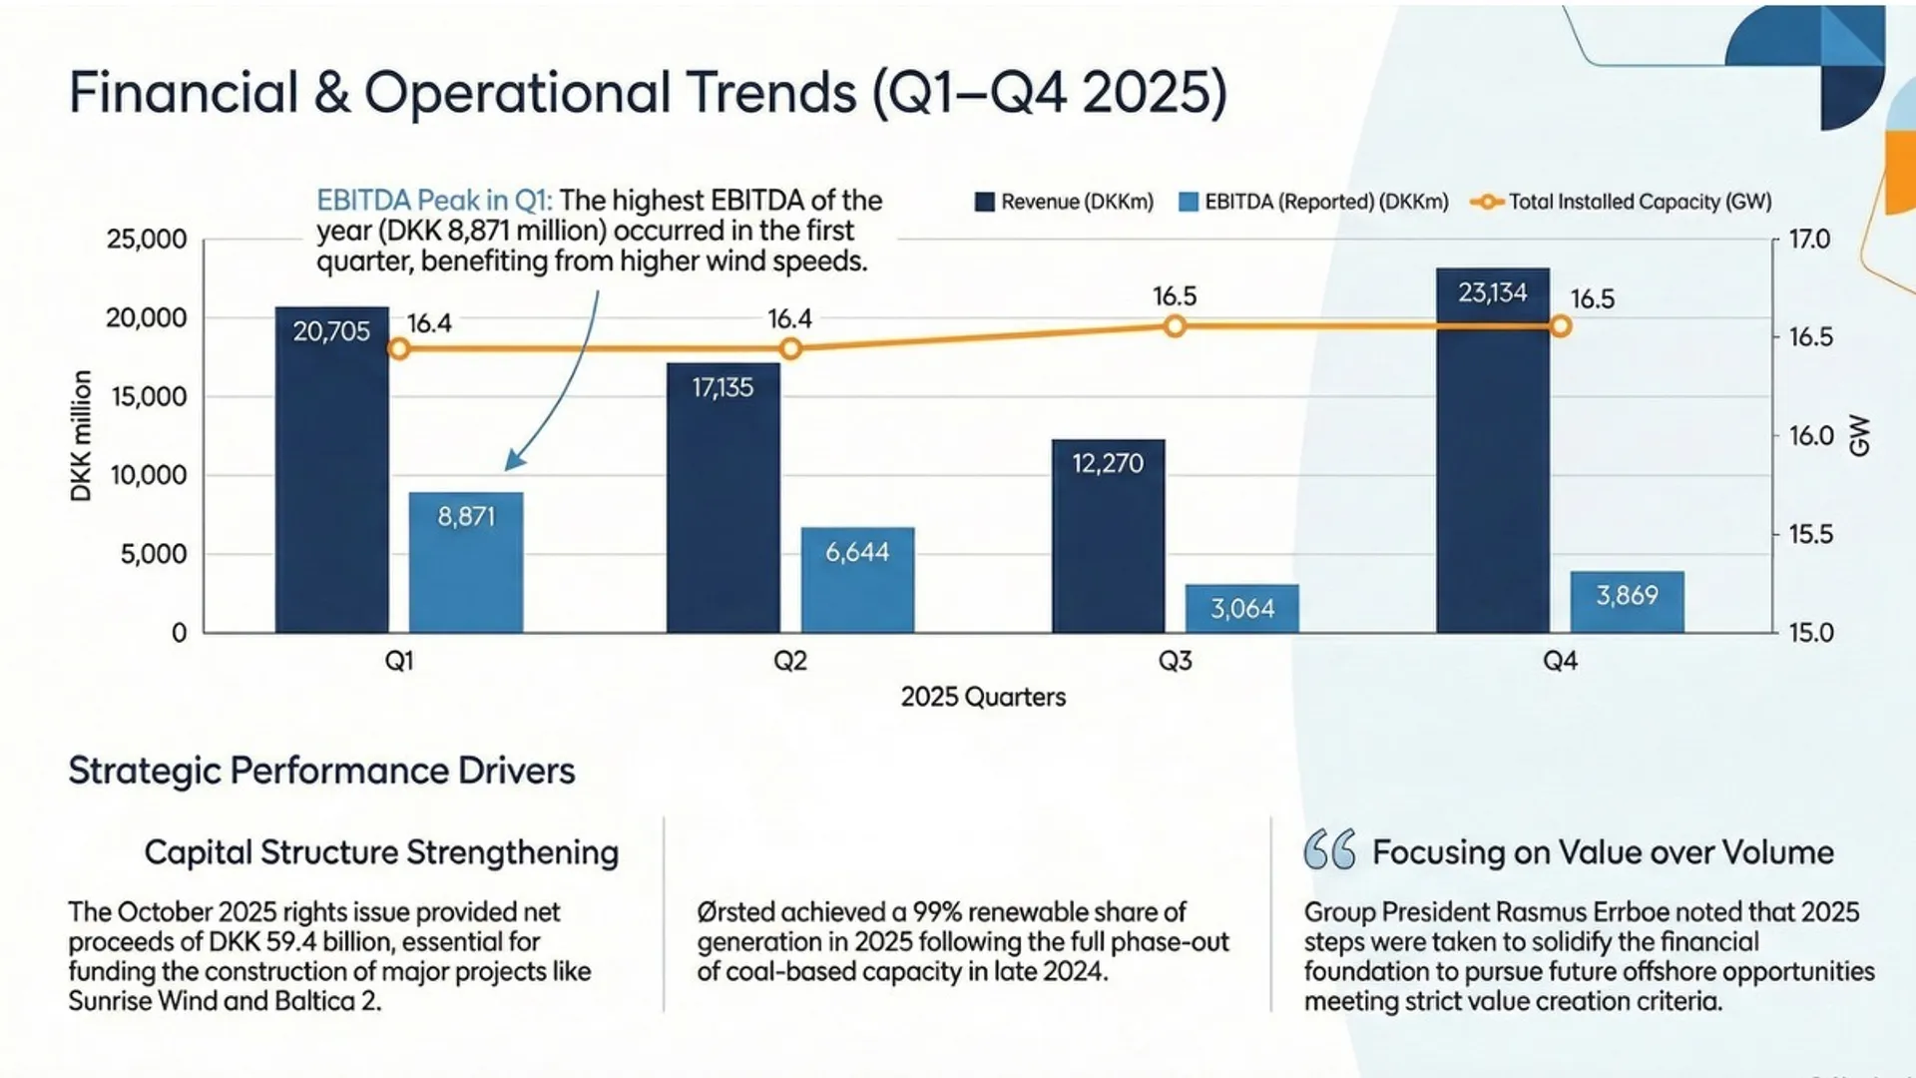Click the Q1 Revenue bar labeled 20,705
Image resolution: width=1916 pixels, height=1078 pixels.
click(x=331, y=469)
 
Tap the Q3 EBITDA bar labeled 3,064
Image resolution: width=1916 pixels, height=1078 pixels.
click(x=1241, y=608)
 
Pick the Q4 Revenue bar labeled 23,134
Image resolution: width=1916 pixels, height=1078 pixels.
click(x=1492, y=449)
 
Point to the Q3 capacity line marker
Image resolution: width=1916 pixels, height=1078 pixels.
click(x=1175, y=326)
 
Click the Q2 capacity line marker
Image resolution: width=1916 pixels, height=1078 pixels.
click(x=790, y=348)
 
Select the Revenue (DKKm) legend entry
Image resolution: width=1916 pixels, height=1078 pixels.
click(x=1064, y=202)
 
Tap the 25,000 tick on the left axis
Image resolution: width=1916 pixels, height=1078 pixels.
click(x=147, y=240)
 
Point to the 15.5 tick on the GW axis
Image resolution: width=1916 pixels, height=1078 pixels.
click(x=1810, y=534)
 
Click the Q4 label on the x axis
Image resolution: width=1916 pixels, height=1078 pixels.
click(x=1560, y=661)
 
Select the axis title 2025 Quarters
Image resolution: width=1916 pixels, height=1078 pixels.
click(x=983, y=697)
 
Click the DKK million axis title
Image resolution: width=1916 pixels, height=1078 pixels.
click(x=82, y=435)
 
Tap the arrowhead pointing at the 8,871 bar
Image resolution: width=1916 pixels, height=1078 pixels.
click(x=513, y=461)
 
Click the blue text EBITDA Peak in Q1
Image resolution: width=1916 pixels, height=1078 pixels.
click(x=434, y=201)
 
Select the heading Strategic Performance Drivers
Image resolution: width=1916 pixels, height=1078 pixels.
click(x=321, y=771)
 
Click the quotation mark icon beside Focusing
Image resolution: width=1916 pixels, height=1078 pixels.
click(x=1329, y=850)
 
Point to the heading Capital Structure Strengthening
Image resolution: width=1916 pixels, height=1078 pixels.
click(x=381, y=852)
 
